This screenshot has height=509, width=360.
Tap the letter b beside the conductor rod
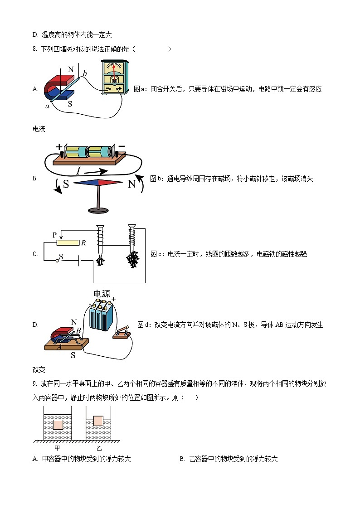click(85, 73)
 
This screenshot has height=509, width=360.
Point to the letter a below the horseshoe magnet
click(47, 106)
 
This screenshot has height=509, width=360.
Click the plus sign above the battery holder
click(59, 147)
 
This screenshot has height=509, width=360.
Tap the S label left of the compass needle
click(66, 184)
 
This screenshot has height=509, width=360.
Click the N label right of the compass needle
click(131, 184)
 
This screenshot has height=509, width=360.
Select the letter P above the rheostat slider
click(54, 235)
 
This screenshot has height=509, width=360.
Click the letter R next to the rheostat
click(83, 243)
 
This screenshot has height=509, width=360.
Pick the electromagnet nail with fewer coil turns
click(100, 245)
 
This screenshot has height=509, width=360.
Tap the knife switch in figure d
click(122, 333)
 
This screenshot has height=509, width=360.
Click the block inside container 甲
click(58, 425)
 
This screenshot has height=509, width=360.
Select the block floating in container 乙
click(99, 420)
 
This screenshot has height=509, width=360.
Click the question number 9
click(34, 383)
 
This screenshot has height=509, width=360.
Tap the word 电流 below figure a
click(39, 129)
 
